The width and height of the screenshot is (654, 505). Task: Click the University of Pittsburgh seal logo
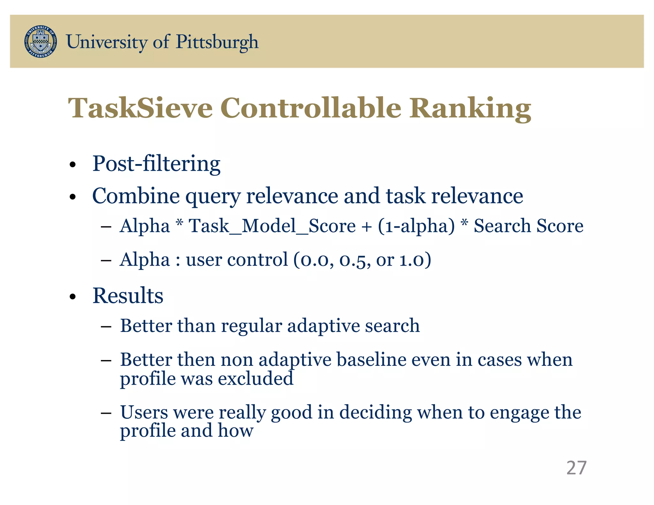(x=41, y=42)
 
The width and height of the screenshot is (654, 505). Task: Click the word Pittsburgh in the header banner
(x=217, y=42)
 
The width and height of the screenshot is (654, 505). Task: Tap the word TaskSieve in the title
(x=140, y=108)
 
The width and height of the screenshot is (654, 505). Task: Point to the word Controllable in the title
(x=310, y=108)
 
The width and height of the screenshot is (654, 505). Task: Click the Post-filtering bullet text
(x=156, y=164)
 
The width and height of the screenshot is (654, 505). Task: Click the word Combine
(x=136, y=196)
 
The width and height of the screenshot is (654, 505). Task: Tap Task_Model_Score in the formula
(x=272, y=226)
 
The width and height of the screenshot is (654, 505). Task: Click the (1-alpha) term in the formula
(x=416, y=226)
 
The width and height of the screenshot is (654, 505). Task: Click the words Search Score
(x=528, y=226)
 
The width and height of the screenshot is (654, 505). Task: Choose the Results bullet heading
(x=128, y=296)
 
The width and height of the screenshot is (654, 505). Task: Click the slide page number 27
(x=576, y=468)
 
